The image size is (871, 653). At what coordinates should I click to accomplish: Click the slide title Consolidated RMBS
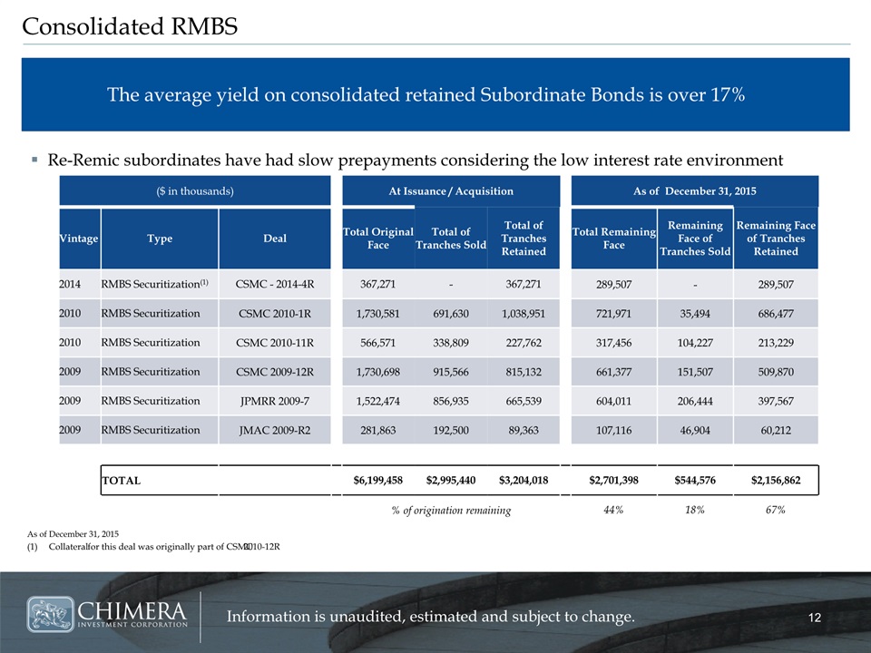pos(130,26)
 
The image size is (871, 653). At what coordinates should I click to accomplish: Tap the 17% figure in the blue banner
pos(728,94)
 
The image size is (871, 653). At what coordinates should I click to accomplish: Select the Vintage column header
pos(79,239)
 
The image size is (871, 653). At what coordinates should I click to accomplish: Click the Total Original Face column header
pos(377,239)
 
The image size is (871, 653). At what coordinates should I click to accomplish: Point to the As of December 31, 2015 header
pos(694,191)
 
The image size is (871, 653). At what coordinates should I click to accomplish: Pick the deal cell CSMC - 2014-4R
pos(275,284)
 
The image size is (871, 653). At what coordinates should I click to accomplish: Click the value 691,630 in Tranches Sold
pos(451,314)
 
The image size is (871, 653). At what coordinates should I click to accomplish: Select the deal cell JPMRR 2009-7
pos(275,401)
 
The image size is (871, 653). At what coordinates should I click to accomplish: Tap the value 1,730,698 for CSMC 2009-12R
pos(377,372)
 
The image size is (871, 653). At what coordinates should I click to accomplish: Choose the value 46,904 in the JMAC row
pos(695,430)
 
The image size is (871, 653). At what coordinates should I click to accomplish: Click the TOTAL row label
pos(121,481)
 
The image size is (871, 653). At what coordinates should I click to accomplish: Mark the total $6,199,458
pos(377,481)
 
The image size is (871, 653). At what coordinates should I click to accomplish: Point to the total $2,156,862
pos(776,481)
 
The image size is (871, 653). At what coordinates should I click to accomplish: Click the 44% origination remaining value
pos(613,510)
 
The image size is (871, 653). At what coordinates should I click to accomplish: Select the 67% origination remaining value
pos(776,510)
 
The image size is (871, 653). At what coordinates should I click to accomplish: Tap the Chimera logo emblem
pos(51,614)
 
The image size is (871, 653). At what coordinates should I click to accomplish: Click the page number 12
pos(815,618)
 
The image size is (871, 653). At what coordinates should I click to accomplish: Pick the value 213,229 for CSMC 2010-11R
pos(776,343)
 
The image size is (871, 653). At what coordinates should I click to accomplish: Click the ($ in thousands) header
pos(195,191)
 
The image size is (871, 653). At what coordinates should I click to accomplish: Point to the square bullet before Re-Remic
pos(35,160)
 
